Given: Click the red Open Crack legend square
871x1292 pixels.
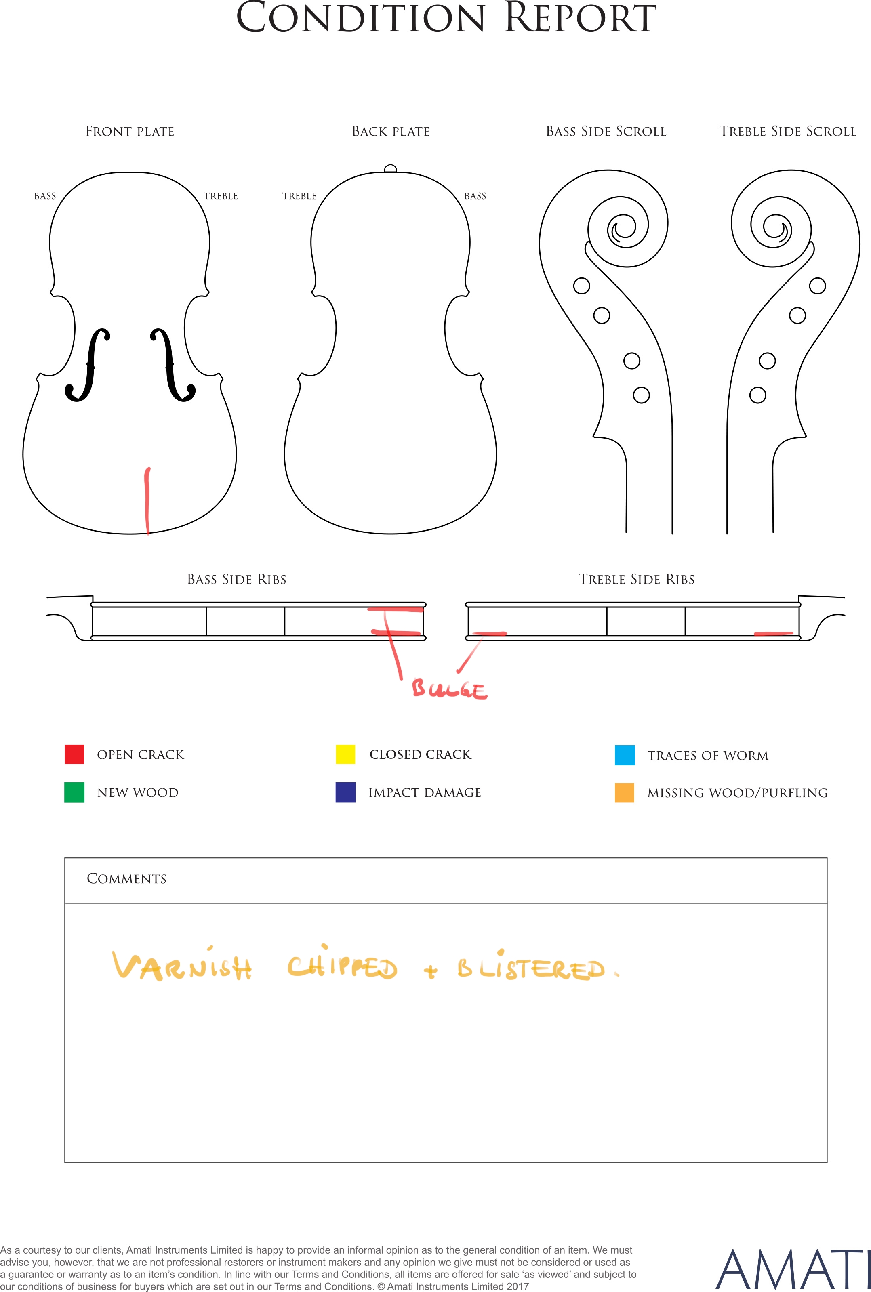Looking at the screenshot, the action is [74, 754].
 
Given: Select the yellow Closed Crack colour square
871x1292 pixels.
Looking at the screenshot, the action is [345, 754].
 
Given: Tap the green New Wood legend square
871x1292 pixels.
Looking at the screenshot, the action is [74, 792].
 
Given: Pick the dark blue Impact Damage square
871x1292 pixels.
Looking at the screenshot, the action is [345, 792].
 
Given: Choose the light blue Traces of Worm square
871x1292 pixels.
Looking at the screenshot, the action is [625, 755].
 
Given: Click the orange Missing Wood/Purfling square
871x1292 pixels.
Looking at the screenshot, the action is [625, 792].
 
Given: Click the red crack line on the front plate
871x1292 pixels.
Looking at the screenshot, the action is [147, 501].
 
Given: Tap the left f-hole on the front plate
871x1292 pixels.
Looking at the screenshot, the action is [88, 365].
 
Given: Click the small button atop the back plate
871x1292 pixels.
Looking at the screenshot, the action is [391, 169].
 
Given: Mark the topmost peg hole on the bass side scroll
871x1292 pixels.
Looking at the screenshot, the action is [582, 286].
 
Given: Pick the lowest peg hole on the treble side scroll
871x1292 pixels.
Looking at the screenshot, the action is [758, 395].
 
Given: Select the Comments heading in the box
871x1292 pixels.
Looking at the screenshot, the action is [127, 879].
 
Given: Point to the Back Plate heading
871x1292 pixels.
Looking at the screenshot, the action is [391, 132].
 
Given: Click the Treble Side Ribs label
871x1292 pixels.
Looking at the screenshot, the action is [637, 580].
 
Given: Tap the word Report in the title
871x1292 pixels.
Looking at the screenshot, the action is [581, 18].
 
